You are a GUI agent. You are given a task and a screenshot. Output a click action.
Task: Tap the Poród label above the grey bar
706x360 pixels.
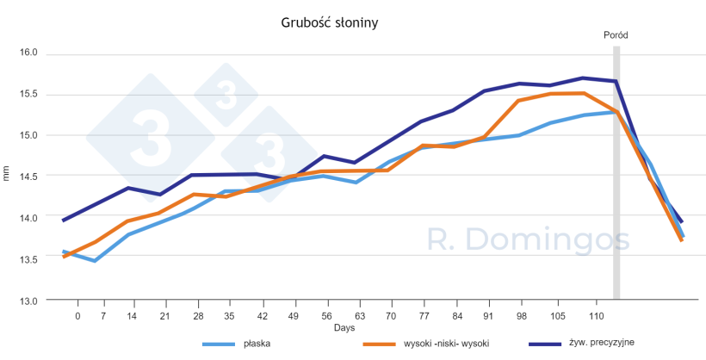click(x=616, y=35)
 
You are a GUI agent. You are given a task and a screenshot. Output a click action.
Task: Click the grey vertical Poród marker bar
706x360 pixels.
click(x=616, y=172)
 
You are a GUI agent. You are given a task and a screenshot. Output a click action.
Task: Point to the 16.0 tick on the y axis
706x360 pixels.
click(x=29, y=53)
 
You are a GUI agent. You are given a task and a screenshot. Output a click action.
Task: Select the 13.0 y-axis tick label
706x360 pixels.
click(x=29, y=301)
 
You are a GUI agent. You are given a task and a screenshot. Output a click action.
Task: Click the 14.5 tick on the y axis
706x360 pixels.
click(x=29, y=177)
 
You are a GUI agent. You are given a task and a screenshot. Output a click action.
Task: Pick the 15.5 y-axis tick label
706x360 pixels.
click(x=29, y=94)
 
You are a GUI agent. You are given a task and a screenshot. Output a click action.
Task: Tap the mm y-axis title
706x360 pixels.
click(x=8, y=176)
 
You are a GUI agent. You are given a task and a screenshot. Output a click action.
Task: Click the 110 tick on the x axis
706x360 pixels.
click(x=585, y=316)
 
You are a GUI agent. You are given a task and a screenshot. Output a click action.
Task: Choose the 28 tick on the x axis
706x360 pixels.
click(x=198, y=316)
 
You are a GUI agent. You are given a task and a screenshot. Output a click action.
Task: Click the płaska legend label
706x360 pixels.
click(x=258, y=344)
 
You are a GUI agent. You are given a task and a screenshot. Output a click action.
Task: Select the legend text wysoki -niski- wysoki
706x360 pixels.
click(x=446, y=344)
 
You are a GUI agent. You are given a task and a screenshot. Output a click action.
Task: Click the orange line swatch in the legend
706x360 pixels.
click(x=380, y=344)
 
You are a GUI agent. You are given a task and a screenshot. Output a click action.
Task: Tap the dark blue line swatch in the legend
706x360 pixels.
click(x=543, y=344)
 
